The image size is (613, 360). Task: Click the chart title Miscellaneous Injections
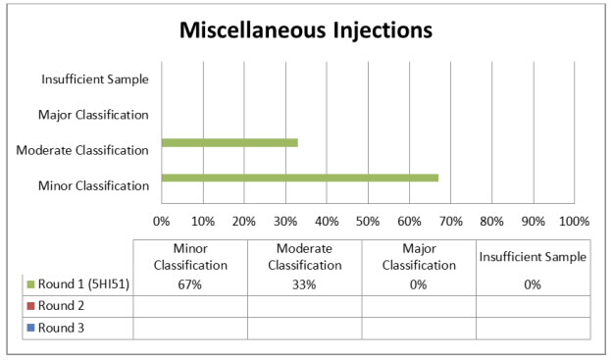(305, 30)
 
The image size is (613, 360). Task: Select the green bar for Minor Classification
(299, 178)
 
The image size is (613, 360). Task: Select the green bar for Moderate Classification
(230, 142)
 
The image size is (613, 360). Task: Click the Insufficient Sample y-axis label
(95, 79)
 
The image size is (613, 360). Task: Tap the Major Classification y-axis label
(93, 115)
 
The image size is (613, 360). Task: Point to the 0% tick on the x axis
(162, 220)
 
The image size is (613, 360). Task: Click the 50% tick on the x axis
(368, 220)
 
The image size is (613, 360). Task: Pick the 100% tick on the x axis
(574, 220)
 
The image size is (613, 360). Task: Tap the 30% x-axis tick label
(285, 220)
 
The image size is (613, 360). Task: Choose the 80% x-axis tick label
(491, 220)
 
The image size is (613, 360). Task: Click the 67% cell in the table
(189, 284)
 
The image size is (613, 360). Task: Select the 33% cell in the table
(304, 284)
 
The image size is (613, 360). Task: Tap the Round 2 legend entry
(60, 306)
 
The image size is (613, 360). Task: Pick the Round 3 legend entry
(60, 328)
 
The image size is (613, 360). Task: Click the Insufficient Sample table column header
(533, 257)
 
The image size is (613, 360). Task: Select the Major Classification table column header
(419, 257)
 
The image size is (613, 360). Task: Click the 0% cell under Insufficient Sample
(533, 284)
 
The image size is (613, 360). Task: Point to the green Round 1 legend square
(29, 284)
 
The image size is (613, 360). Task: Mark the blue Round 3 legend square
(29, 328)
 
